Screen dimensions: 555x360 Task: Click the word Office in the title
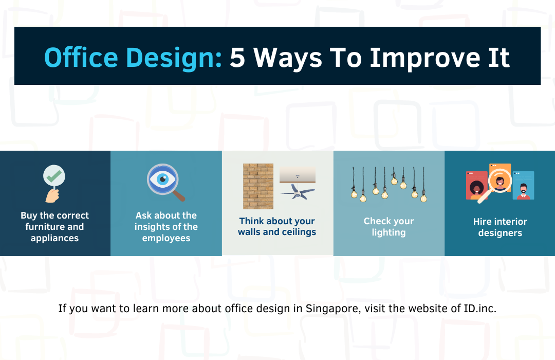coord(81,58)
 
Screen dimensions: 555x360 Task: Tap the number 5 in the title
coord(237,58)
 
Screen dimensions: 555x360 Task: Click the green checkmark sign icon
coord(54,175)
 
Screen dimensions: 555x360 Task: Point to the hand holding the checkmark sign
coord(52,195)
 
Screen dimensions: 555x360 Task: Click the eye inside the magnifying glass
coord(162,179)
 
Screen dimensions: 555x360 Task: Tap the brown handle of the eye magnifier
coord(179,195)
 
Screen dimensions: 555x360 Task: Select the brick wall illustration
coord(258,186)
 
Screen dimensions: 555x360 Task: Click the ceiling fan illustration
coord(298,191)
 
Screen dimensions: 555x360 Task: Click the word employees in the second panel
coord(166,238)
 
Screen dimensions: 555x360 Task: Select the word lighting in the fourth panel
coord(388,232)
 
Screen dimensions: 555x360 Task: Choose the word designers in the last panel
coord(500,233)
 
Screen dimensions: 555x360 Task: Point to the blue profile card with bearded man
coord(524,186)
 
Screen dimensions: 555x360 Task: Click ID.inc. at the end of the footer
coord(480,308)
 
